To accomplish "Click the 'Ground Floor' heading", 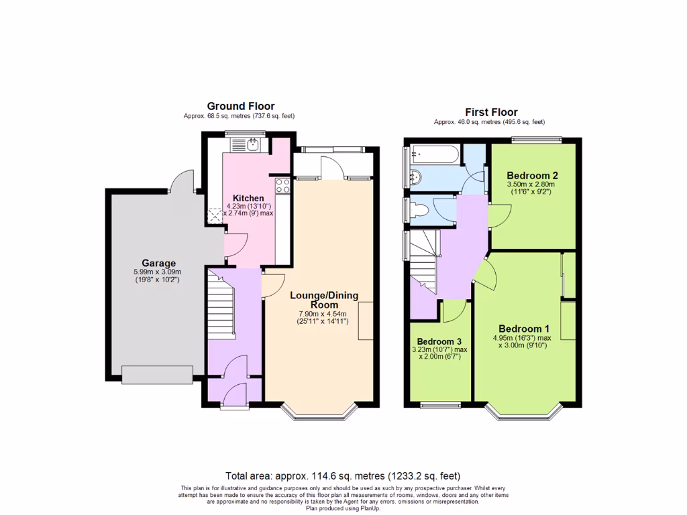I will point(239,106).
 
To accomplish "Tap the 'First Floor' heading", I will point(491,112).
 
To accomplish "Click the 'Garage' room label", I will point(158,263).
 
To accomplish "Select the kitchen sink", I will point(252,144).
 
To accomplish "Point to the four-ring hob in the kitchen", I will point(282,185).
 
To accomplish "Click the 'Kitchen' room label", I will point(248,198).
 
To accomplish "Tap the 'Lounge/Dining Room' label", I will point(323,300).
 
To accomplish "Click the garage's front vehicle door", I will point(157,375).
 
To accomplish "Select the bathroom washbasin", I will point(415,178).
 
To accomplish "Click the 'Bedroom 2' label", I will point(533,176).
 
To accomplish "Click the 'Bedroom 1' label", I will point(524,329).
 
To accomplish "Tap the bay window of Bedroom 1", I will point(525,412).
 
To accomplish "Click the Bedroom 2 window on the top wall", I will point(535,139).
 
